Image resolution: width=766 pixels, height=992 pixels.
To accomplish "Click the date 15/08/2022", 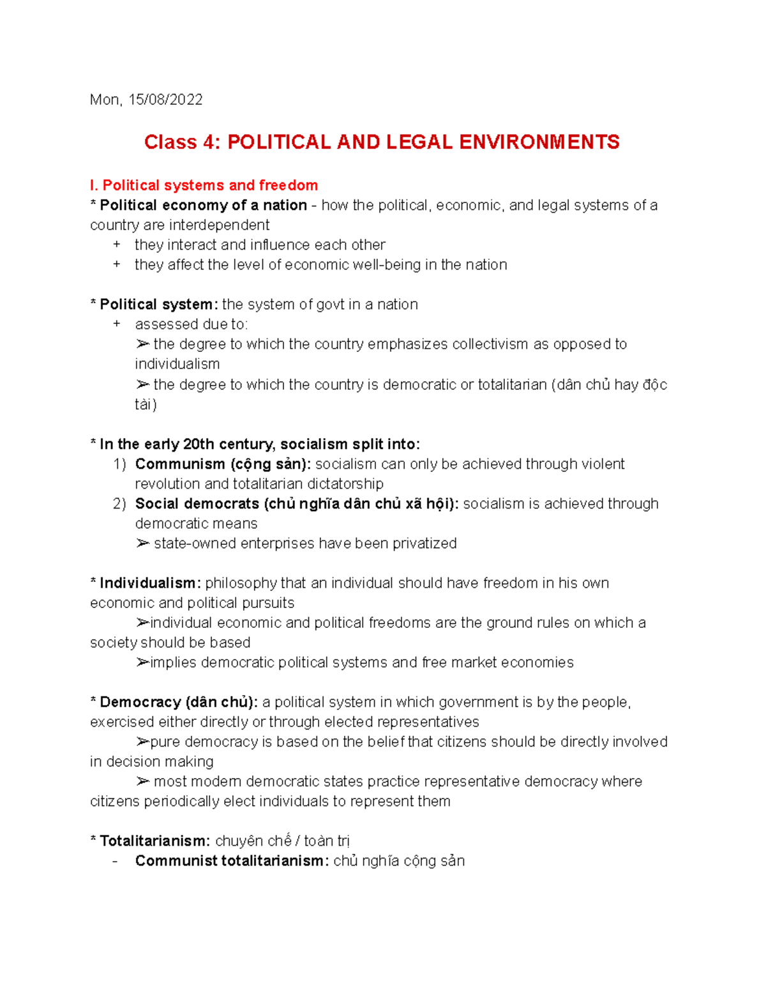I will coord(165,100).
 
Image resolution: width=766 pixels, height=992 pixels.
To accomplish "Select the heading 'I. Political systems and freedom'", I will coord(204,185).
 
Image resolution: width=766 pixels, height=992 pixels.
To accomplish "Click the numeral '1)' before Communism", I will coord(119,464).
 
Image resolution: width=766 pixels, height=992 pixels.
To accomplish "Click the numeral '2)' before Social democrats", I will coord(119,504).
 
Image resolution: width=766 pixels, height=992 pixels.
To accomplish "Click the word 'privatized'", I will coord(424,544).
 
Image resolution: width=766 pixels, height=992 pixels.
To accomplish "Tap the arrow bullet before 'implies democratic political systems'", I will coord(142,662).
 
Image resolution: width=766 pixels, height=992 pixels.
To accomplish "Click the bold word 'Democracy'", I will coord(140,702).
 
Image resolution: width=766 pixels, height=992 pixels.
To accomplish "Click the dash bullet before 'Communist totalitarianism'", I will coord(115,861).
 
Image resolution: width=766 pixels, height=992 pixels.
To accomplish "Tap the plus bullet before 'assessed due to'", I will coord(116,324).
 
